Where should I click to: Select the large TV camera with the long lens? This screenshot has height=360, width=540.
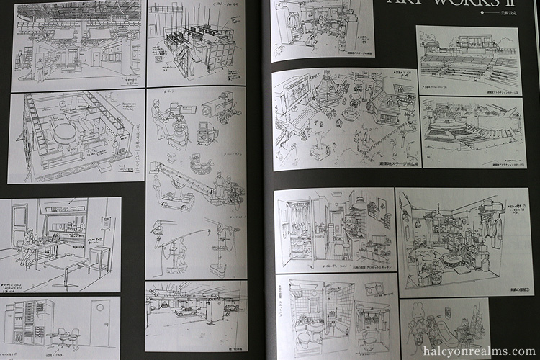[x=217, y=109]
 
